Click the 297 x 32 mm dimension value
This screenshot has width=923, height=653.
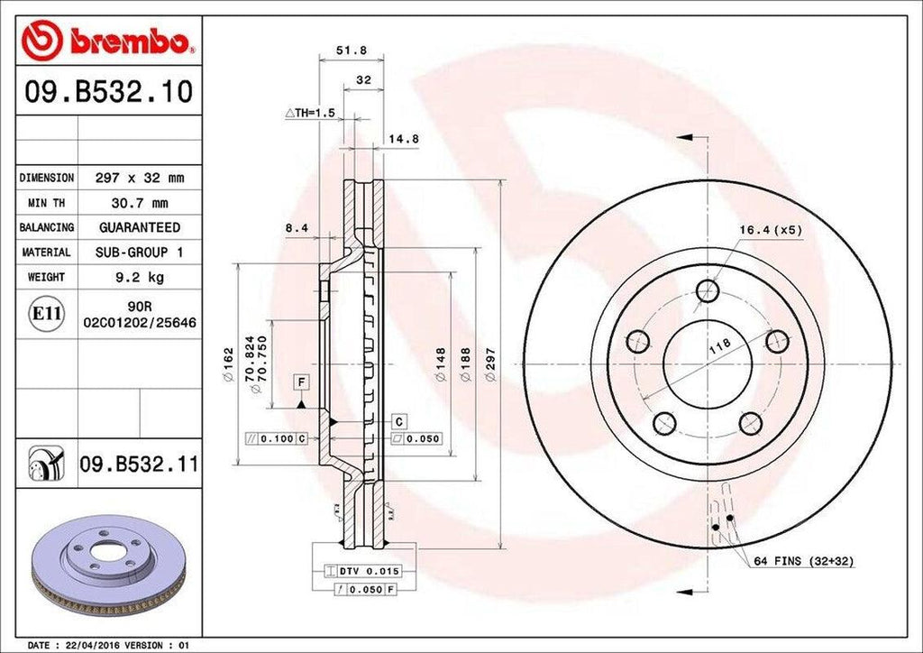click(140, 178)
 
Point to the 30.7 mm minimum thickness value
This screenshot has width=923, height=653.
click(140, 203)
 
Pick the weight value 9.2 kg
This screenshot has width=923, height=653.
click(140, 277)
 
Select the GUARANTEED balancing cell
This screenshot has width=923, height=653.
click(140, 227)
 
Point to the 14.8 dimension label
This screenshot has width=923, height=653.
click(405, 139)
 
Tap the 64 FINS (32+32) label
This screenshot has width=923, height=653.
click(803, 561)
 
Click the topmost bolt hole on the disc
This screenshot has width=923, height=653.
click(708, 290)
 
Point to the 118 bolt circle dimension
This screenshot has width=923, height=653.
click(719, 344)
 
